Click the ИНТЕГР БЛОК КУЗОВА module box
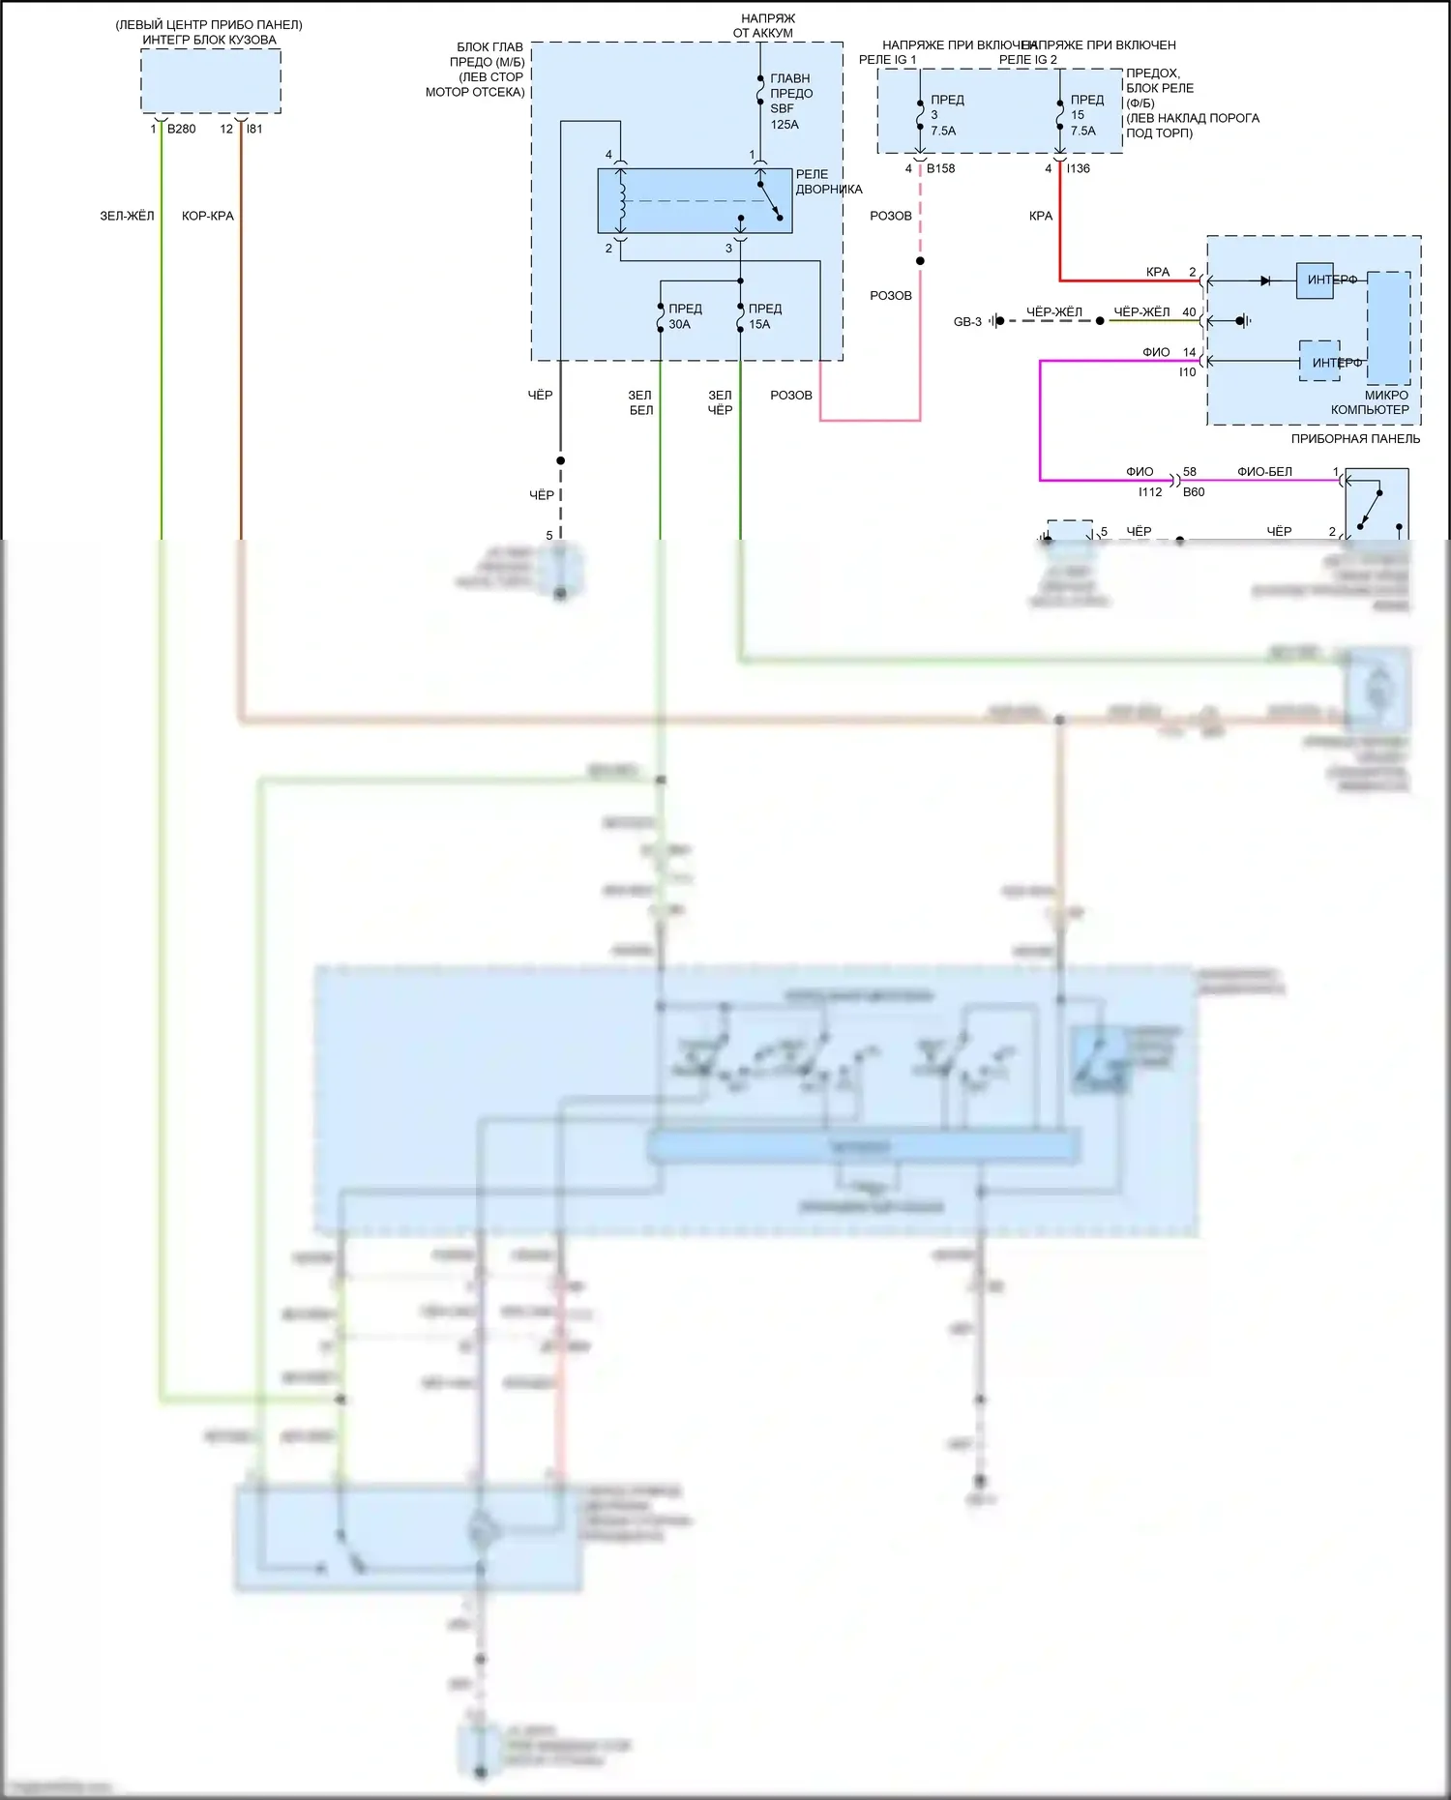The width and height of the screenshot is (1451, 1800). pyautogui.click(x=211, y=81)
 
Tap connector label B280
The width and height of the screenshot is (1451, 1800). pyautogui.click(x=181, y=129)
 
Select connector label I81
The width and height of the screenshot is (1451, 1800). pyautogui.click(x=254, y=129)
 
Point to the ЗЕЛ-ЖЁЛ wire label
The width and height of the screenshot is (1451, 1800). pyautogui.click(x=127, y=216)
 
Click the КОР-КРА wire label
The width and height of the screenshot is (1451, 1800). pyautogui.click(x=208, y=216)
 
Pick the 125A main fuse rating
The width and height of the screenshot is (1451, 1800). pyautogui.click(x=785, y=125)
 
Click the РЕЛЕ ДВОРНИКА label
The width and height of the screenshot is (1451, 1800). pyautogui.click(x=828, y=182)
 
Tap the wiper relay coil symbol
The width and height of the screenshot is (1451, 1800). pyautogui.click(x=622, y=201)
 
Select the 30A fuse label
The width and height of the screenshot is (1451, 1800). pyautogui.click(x=680, y=324)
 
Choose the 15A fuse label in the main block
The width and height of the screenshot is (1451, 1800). pyautogui.click(x=759, y=324)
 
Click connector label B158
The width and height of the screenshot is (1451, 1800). pyautogui.click(x=940, y=168)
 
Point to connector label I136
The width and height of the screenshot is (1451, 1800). pyautogui.click(x=1079, y=168)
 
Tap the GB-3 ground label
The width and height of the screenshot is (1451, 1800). pyautogui.click(x=967, y=321)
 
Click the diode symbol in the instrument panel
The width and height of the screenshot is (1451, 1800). pyautogui.click(x=1265, y=280)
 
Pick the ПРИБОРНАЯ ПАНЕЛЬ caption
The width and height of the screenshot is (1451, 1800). pyautogui.click(x=1355, y=439)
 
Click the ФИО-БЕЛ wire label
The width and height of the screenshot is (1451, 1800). pyautogui.click(x=1264, y=472)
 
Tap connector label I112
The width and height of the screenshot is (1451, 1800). pyautogui.click(x=1150, y=492)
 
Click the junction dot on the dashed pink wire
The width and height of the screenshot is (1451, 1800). pyautogui.click(x=920, y=261)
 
